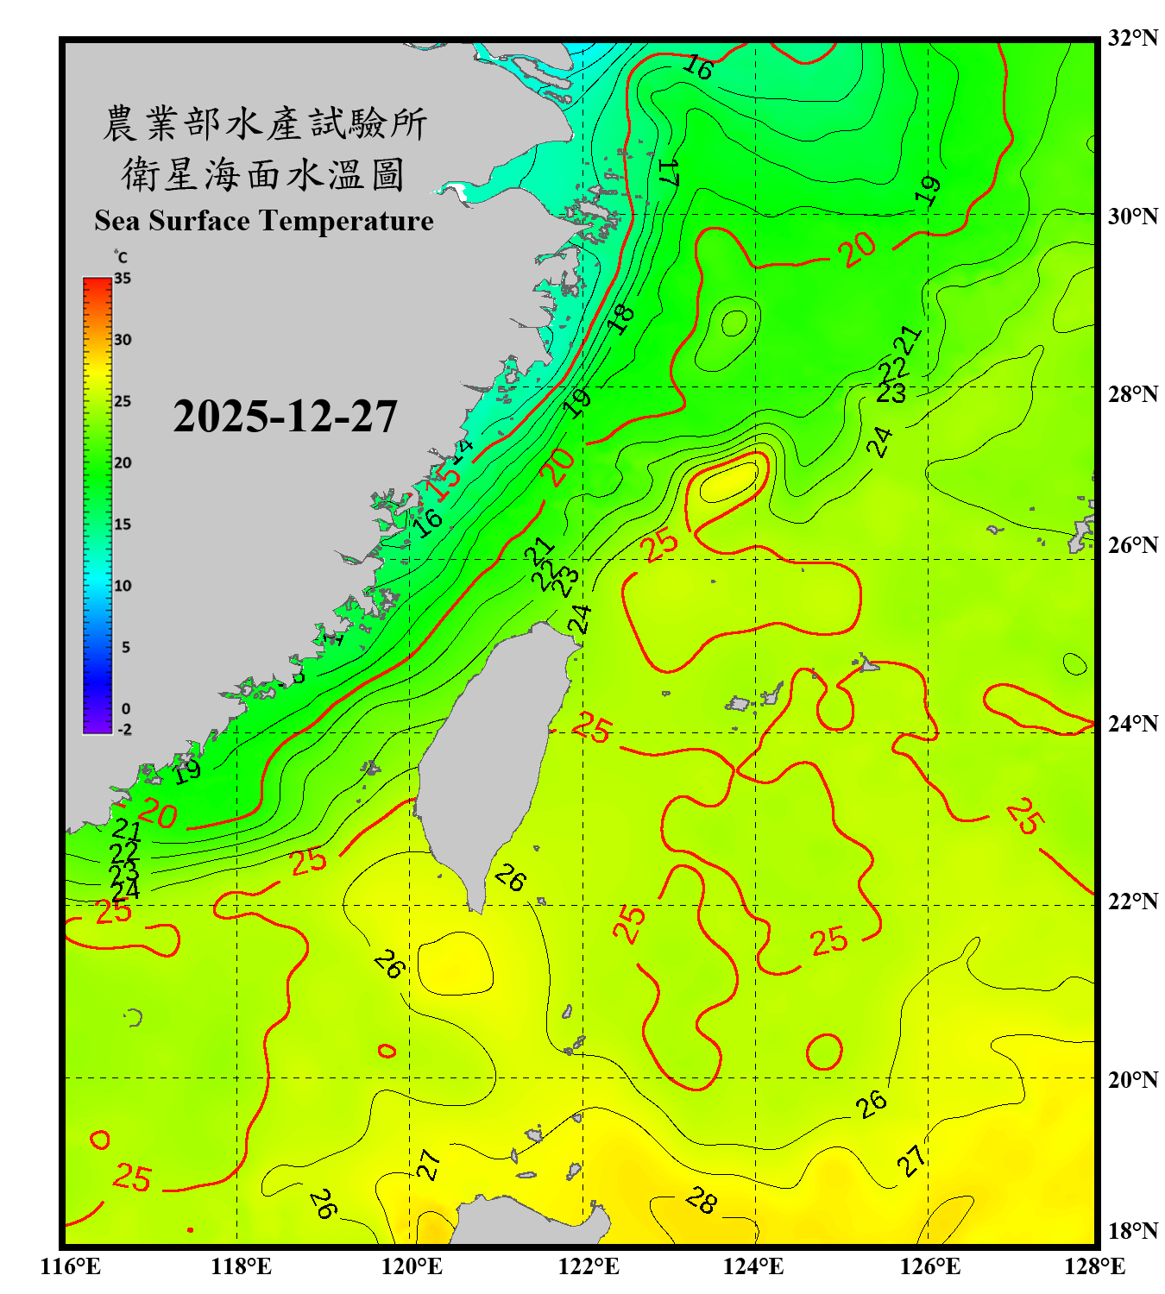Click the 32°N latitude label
1132,38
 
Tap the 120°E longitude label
412,1266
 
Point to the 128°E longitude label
1094,1266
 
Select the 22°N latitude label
1132,901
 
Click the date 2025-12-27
285,417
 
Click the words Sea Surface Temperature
264,221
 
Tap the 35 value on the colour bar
123,279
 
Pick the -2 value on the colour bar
124,730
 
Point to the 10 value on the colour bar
123,586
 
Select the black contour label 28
702,1200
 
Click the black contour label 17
669,172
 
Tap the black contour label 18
620,318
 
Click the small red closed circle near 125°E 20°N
824,1052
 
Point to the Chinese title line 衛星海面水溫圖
263,174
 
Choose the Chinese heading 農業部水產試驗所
264,124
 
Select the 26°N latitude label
1132,545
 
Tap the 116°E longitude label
71,1266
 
